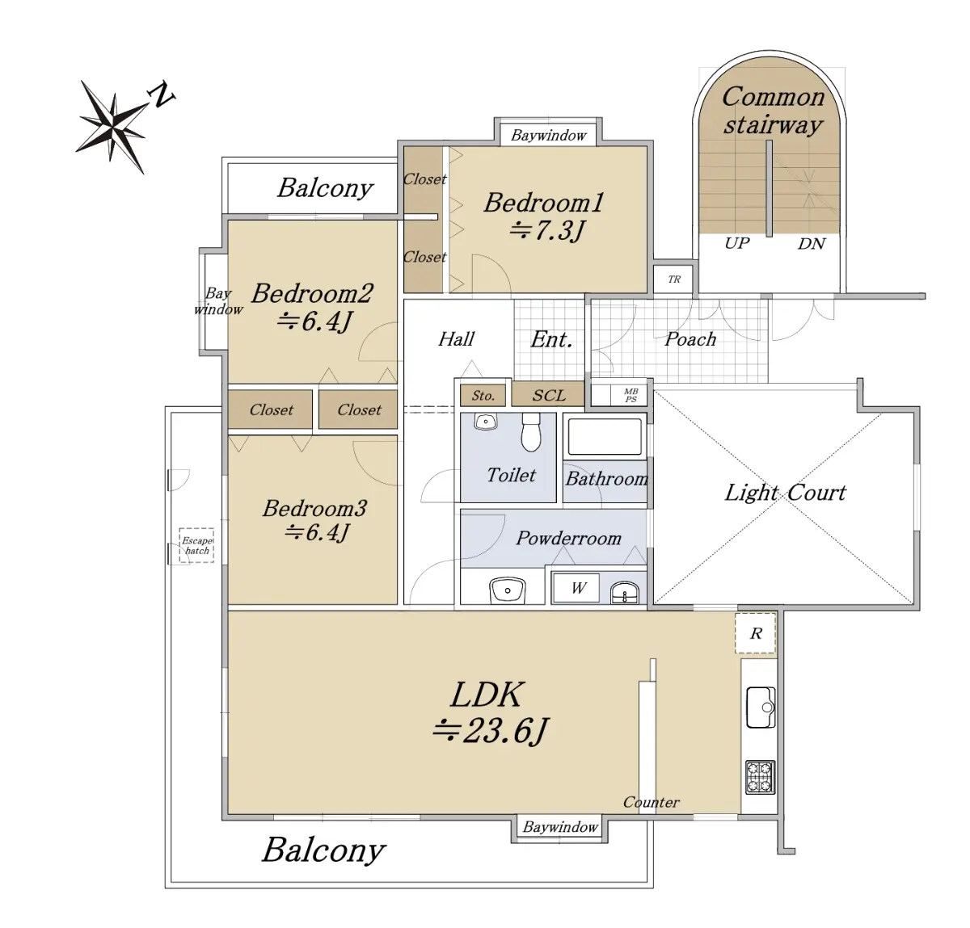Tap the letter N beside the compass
(161, 95)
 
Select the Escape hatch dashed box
(196, 545)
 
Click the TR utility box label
(674, 279)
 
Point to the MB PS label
(630, 395)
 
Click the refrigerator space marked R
(755, 633)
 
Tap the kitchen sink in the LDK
(760, 708)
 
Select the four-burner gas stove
(760, 777)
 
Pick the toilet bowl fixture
(531, 432)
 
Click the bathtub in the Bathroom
(605, 437)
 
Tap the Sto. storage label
(483, 396)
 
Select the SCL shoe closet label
(548, 395)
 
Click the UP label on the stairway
(736, 243)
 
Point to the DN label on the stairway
(812, 244)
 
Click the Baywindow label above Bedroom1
(548, 136)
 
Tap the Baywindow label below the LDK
(559, 827)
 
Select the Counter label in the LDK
(651, 802)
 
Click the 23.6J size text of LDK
(490, 731)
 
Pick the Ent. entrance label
(551, 340)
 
